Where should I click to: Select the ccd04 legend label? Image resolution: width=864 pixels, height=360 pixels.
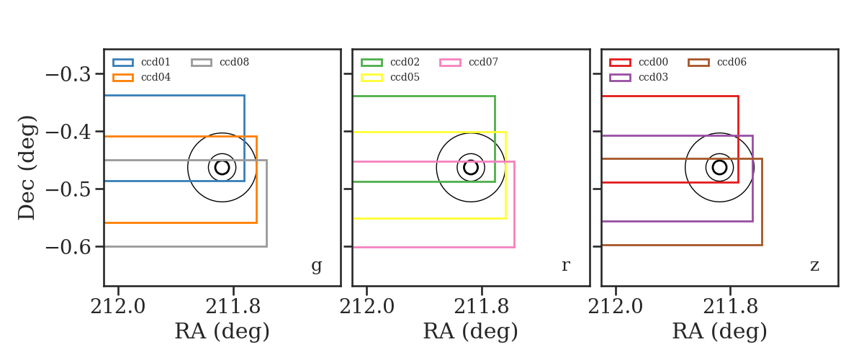click(x=156, y=77)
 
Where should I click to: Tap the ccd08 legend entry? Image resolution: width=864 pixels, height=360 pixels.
click(x=234, y=62)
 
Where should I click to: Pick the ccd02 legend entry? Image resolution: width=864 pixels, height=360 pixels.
click(x=405, y=62)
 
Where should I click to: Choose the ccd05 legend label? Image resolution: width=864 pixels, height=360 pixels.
click(x=405, y=77)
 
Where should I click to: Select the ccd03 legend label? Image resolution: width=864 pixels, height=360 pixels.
click(x=653, y=77)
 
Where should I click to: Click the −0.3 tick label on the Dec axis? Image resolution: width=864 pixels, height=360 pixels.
click(x=68, y=74)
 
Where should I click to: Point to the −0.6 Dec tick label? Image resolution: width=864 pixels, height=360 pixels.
click(x=68, y=246)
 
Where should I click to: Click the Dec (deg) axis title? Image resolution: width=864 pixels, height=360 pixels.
click(x=27, y=168)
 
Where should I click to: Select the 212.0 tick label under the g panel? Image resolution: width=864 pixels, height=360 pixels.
click(x=117, y=307)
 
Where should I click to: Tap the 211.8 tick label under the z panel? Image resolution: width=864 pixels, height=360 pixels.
click(x=731, y=307)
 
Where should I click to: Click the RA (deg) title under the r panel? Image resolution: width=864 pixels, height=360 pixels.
click(x=471, y=331)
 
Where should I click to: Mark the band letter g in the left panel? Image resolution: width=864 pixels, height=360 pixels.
click(x=316, y=266)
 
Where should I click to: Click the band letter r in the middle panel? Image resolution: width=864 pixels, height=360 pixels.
click(x=565, y=265)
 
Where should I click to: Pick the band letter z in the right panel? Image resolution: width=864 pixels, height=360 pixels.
click(x=814, y=266)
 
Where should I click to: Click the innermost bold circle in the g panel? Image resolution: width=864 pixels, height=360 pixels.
click(x=222, y=161)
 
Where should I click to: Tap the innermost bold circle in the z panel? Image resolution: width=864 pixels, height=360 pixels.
click(x=720, y=161)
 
